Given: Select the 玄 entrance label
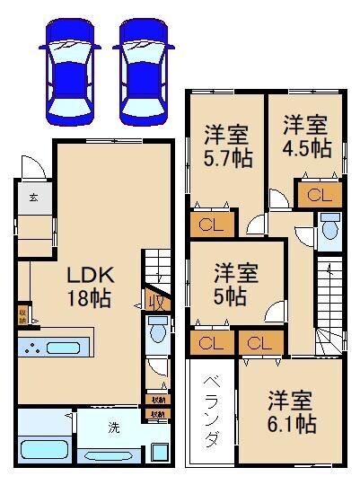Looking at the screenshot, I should click(31, 197).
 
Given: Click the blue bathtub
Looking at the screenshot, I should click(45, 445).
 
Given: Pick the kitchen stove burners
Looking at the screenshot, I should click(34, 348).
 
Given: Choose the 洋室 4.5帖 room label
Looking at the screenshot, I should click(304, 135).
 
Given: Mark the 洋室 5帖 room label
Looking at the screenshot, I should click(236, 283).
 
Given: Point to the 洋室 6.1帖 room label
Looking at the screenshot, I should click(292, 410).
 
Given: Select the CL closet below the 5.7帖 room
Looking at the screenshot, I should click(212, 224).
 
